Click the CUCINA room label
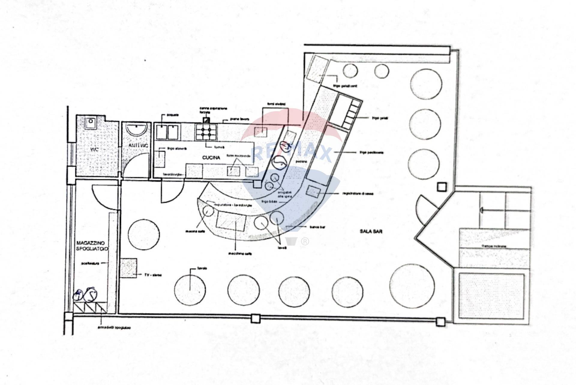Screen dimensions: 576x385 (211, 157)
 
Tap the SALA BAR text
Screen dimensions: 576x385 (371, 231)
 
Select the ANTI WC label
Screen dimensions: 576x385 (138, 145)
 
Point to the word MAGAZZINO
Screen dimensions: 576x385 (88, 243)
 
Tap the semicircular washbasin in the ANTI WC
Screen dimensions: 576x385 (137, 129)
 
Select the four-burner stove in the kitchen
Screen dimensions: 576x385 (206, 132)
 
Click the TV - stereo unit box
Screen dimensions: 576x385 (129, 268)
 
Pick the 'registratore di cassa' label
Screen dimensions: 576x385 (358, 194)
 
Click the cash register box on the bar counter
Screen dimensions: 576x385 (313, 191)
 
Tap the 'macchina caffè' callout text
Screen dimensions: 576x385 (240, 254)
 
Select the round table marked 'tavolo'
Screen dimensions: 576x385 (190, 290)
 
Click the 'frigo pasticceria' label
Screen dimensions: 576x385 (371, 153)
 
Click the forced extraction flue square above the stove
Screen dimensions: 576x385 (206, 121)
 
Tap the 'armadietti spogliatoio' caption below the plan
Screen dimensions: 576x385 (114, 327)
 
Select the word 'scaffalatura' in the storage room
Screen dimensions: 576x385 (90, 263)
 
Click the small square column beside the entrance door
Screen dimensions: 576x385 (442, 187)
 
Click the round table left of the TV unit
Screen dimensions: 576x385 (144, 234)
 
